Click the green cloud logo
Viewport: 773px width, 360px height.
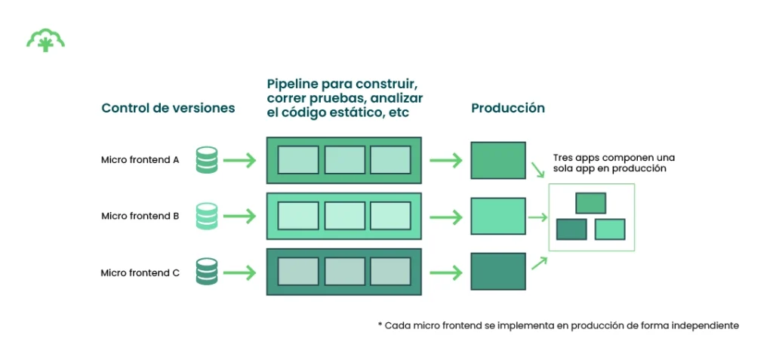tap(45, 40)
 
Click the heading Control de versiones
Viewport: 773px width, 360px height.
tap(168, 108)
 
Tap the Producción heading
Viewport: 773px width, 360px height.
tap(508, 108)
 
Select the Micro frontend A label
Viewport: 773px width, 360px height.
tap(140, 160)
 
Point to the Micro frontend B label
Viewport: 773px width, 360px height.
tap(140, 216)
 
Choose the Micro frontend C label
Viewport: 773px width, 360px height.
tap(140, 272)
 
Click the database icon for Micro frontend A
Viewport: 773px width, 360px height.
tap(207, 160)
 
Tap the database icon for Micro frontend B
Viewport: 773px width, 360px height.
tap(207, 216)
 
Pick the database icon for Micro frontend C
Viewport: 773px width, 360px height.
tap(207, 272)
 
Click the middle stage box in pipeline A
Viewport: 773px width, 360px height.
tap(344, 160)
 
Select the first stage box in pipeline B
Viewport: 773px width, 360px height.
tap(298, 216)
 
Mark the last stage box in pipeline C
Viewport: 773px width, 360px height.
tap(390, 272)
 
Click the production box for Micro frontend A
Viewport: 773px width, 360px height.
tap(498, 160)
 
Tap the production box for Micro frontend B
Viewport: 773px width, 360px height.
tap(498, 216)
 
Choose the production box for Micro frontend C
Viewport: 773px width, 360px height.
tap(498, 272)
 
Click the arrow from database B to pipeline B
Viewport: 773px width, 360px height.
tap(240, 217)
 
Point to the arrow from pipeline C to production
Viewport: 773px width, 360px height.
tap(445, 272)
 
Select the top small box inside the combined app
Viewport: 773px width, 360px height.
tap(590, 203)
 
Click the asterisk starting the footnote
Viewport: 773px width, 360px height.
tap(380, 325)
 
